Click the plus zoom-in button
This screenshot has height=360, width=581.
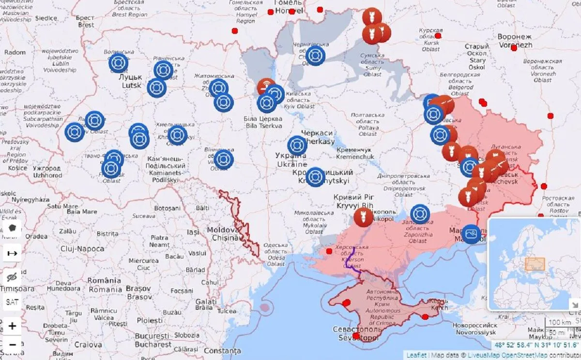[12, 326]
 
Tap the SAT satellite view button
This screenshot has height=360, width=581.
[12, 302]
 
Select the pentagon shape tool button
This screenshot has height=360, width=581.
[12, 228]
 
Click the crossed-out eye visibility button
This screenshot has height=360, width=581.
[12, 277]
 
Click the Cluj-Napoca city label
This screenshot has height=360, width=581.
[82, 249]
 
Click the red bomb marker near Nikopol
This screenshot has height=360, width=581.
[363, 217]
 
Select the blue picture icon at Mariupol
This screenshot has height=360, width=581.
[471, 234]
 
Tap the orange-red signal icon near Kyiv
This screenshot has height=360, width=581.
[266, 87]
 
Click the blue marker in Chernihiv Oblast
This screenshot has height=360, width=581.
[315, 56]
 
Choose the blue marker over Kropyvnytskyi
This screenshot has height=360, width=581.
[315, 176]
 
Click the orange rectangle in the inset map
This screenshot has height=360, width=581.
[535, 264]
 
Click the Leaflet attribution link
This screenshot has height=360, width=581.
[416, 355]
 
